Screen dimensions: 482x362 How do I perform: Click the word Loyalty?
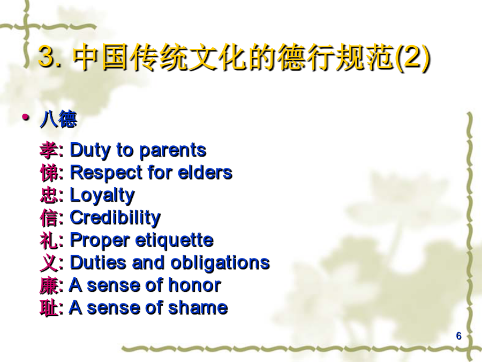coord(103,196)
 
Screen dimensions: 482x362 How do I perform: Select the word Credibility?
coord(116,218)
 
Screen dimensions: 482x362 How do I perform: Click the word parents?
coord(173,151)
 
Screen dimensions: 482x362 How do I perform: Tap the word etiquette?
coord(174,240)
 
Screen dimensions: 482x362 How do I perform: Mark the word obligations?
coord(220,263)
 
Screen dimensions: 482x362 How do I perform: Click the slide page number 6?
coord(459,336)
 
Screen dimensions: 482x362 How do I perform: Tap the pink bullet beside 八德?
coord(26,117)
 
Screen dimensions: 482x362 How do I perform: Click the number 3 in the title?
coord(47,56)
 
